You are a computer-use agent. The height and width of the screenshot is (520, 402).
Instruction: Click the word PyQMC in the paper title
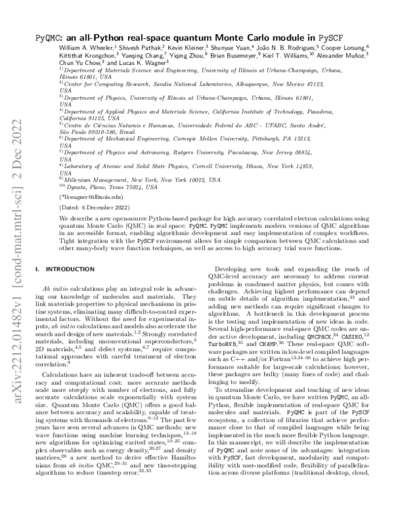pyautogui.click(x=52, y=41)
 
